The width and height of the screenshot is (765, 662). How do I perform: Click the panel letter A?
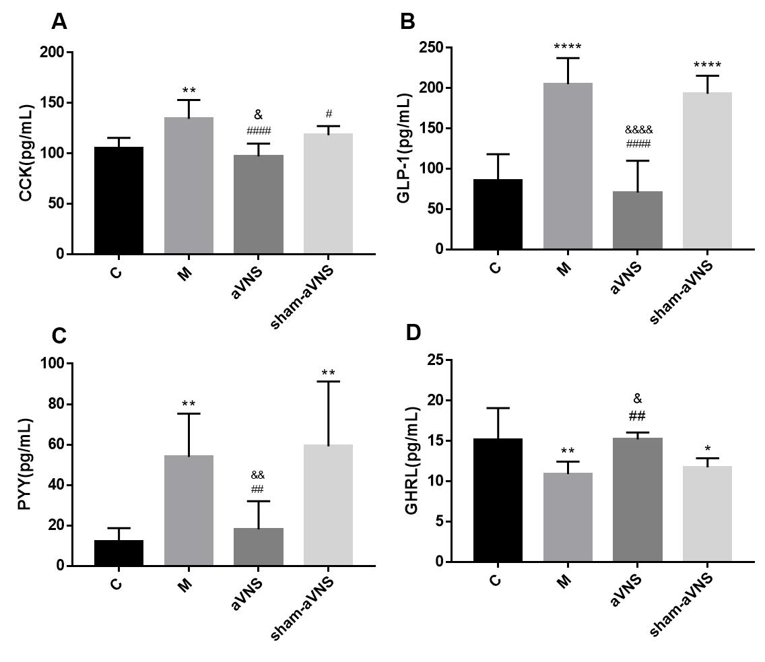coord(59,22)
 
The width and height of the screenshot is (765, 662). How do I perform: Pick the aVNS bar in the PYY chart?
coord(258,546)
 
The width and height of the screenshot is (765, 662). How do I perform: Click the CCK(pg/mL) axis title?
coord(26,153)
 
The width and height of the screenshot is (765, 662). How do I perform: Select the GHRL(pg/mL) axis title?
coord(412,460)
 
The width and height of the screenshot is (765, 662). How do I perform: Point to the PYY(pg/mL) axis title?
coord(26,464)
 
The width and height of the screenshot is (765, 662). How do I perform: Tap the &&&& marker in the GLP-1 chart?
coord(638,130)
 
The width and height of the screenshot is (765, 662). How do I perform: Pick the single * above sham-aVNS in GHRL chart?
coord(707,447)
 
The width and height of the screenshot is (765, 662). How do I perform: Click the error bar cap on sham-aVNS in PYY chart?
coord(328,382)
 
